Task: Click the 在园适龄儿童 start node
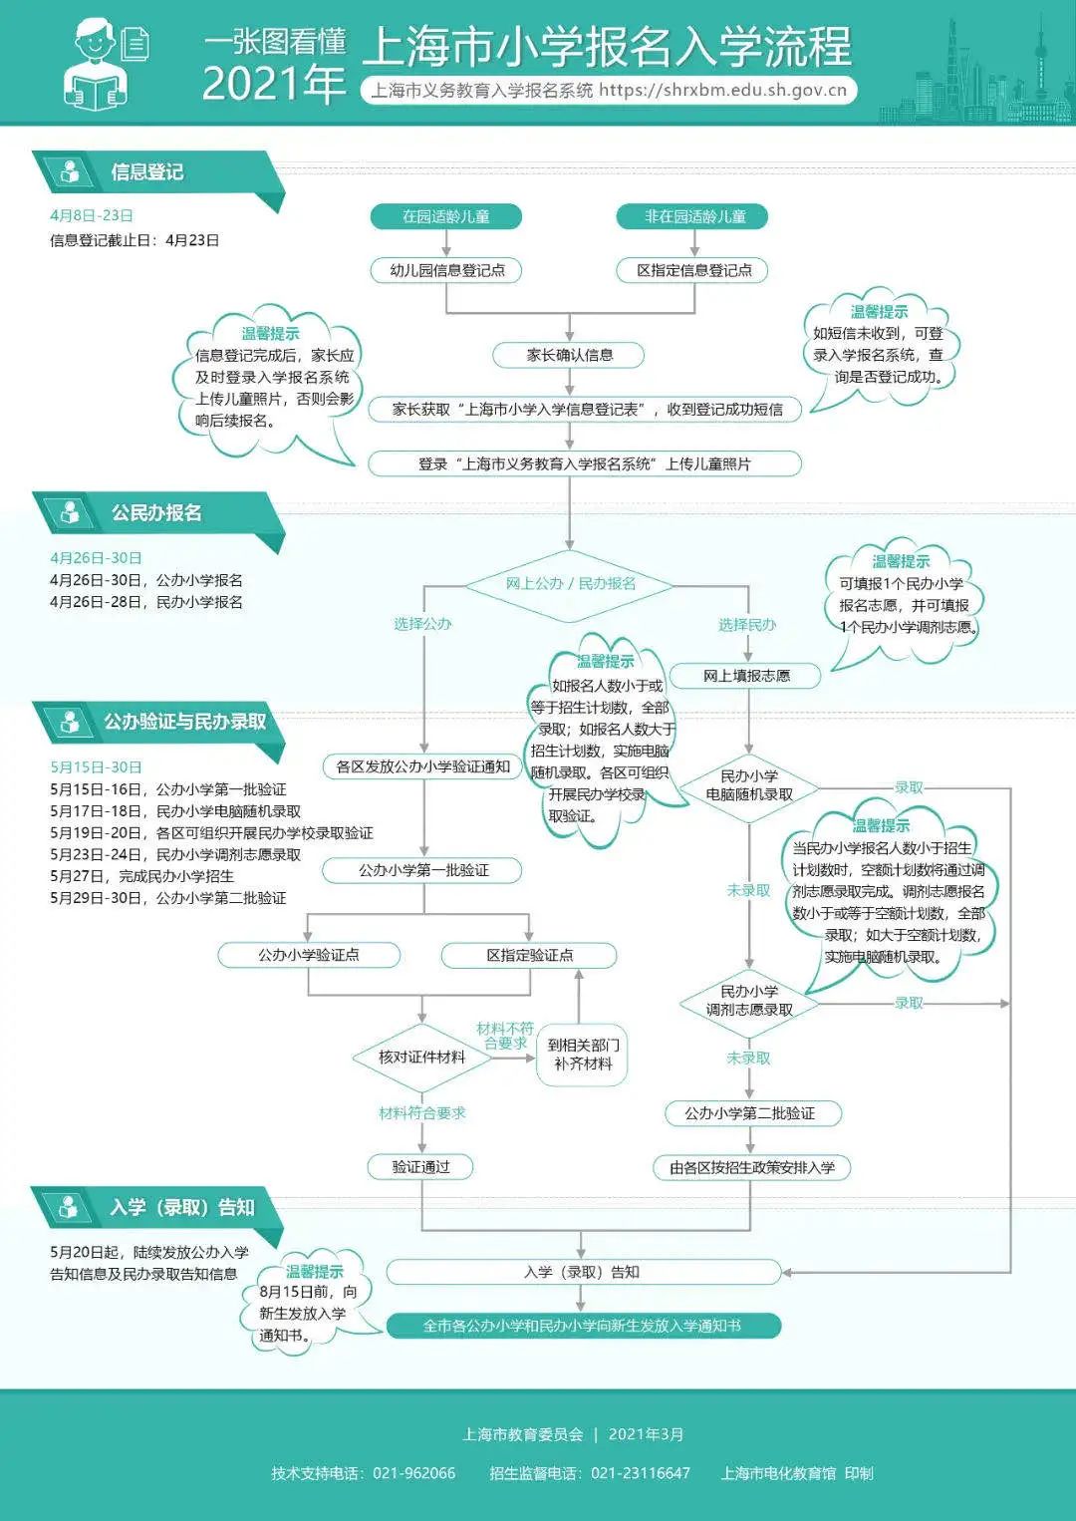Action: click(x=445, y=216)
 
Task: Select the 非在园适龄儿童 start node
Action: click(x=694, y=216)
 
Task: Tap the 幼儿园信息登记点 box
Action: click(x=447, y=270)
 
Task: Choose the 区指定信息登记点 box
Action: click(x=694, y=270)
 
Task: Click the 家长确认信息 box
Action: click(x=569, y=355)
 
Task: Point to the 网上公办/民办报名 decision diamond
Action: click(x=570, y=583)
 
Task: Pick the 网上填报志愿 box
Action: click(x=746, y=676)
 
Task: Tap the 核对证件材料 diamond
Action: click(x=421, y=1057)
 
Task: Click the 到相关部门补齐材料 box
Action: click(x=583, y=1055)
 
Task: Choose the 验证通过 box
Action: click(x=420, y=1167)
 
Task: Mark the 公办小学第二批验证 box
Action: click(x=750, y=1113)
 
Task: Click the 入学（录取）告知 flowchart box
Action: click(x=582, y=1272)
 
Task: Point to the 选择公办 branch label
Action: click(x=422, y=624)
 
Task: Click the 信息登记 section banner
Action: click(x=147, y=172)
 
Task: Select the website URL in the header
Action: click(x=723, y=91)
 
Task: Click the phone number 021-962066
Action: click(x=413, y=1473)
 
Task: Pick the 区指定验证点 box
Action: click(x=529, y=955)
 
